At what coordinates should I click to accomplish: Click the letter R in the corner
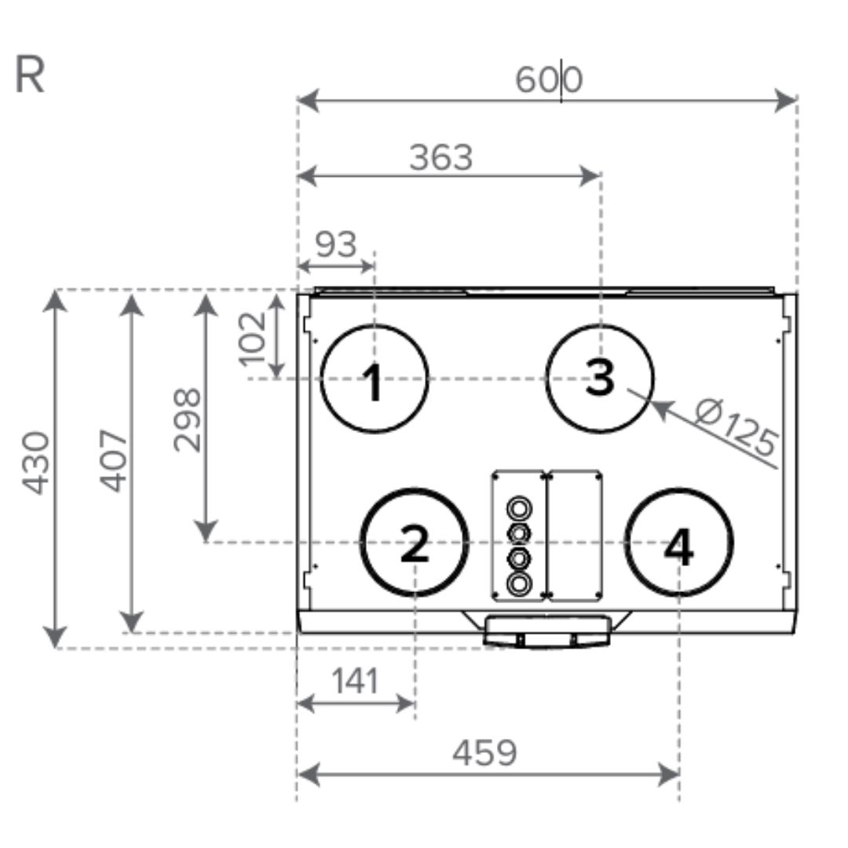pos(29,75)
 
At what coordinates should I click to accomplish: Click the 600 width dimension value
pos(548,79)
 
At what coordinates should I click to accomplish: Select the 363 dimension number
pos(440,157)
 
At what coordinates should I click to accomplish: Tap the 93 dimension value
pos(336,244)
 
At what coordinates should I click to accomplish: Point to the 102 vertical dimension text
pos(253,339)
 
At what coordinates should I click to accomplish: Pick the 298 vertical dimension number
pos(187,419)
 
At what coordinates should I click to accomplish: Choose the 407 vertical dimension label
pos(114,461)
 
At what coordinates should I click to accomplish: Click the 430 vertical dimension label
pos(35,463)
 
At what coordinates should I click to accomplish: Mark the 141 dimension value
pos(355,680)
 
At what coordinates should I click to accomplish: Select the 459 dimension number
pos(484,752)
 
